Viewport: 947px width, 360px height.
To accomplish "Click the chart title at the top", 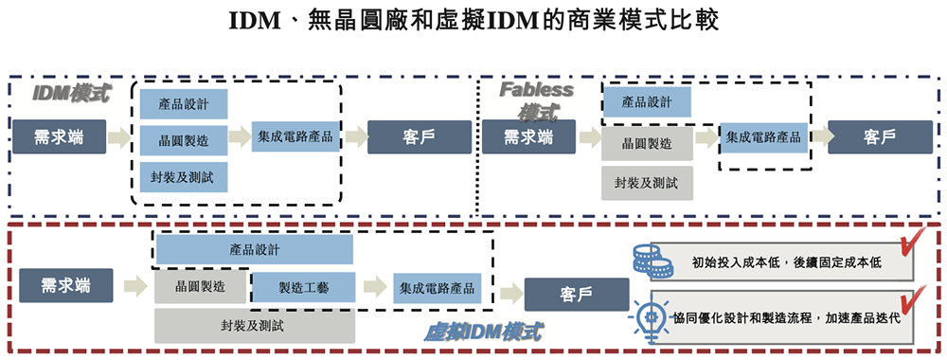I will pos(473,21).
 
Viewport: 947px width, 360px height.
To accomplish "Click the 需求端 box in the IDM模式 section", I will pos(58,137).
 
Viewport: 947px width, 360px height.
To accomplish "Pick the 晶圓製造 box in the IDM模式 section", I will pos(184,140).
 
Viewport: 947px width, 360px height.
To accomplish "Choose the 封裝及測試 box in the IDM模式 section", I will pos(184,176).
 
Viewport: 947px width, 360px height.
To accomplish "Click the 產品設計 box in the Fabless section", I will pos(646,102).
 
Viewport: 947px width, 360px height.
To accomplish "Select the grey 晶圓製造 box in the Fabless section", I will pos(646,144).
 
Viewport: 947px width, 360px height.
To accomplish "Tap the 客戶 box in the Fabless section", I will pos(880,137).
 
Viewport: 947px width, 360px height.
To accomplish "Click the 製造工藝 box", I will pos(303,288).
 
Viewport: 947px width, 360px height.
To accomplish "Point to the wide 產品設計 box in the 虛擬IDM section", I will pos(254,250).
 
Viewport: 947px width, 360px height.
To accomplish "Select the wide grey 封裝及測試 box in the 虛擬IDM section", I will pos(254,326).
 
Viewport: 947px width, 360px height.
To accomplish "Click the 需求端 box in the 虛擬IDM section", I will pos(66,285).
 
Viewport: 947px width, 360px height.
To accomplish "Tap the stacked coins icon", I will pos(647,259).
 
